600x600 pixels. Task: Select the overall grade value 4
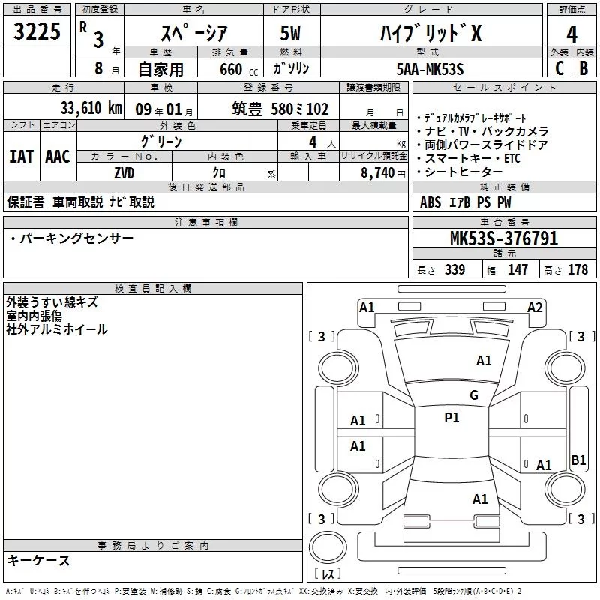571,34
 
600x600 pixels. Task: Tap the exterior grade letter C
559,67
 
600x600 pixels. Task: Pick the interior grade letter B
583,67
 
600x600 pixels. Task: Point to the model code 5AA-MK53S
430,68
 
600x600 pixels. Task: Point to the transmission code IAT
21,157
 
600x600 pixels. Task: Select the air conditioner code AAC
57,157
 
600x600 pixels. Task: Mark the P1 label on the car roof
451,418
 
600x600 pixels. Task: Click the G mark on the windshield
473,395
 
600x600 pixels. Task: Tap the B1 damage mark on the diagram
578,460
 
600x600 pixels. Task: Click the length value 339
454,269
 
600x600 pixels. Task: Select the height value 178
578,269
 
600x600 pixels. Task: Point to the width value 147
517,269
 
